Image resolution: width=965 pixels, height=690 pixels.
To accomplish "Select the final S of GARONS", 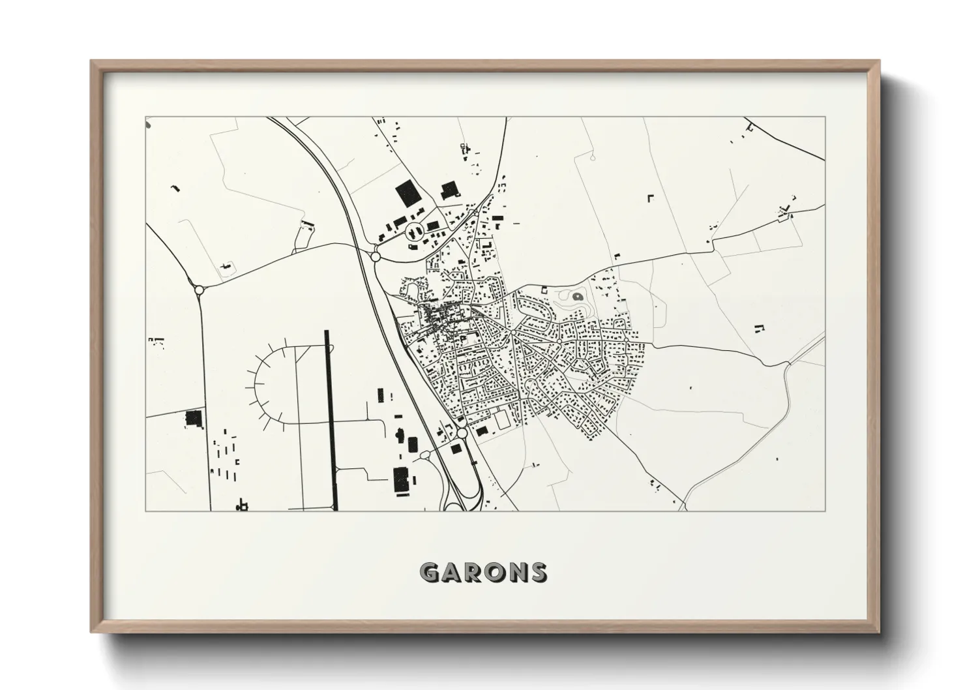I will [538, 573].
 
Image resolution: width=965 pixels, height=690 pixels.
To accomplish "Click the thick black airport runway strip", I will [331, 417].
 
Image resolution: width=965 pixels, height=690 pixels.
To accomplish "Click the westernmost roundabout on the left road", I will [199, 289].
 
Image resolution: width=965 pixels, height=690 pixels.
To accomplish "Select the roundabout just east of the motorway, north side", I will [375, 256].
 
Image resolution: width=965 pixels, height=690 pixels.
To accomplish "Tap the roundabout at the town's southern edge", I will [462, 433].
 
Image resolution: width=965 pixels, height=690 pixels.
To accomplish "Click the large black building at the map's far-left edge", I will [192, 418].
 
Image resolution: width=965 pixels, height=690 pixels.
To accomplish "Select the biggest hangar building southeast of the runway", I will [399, 480].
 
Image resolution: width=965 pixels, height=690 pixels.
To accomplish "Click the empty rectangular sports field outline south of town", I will [503, 421].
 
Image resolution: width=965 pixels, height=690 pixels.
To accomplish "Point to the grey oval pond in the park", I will [577, 297].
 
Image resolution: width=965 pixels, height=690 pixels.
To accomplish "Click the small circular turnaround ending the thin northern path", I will [593, 157].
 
